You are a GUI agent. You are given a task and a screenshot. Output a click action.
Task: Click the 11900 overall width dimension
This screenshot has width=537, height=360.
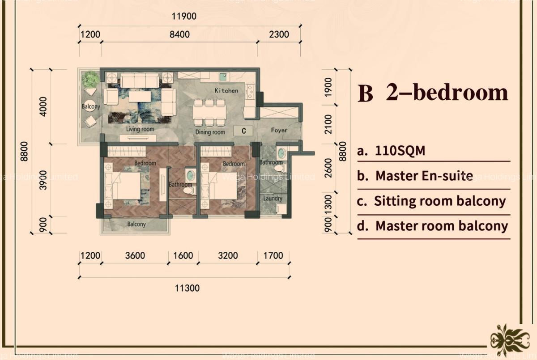pos(184,17)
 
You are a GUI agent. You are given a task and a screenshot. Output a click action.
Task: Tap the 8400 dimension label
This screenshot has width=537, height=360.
pos(179,34)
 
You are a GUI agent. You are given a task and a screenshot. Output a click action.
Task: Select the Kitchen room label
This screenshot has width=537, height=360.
pos(226,91)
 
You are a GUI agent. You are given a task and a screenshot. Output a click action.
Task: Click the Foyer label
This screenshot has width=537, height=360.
pos(279,130)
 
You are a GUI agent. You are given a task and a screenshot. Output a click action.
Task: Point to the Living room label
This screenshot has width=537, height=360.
pos(140,129)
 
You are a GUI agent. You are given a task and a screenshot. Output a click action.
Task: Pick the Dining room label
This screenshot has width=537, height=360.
pos(210,132)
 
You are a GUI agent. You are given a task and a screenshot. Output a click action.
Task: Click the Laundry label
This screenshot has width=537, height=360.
pos(273,199)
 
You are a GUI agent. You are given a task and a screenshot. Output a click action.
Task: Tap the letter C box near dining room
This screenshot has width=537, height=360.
pos(244,131)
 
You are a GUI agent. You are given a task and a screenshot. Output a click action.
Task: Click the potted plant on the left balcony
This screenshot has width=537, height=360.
pos(91,80)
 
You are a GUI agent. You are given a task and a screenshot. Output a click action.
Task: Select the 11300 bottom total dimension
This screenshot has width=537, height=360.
pos(187,288)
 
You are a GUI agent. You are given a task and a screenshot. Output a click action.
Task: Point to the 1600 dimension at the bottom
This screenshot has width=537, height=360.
pos(183,256)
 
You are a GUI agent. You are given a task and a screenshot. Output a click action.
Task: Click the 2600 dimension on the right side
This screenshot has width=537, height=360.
pos(329,168)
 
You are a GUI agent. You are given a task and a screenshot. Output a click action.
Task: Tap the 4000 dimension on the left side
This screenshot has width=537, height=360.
pos(43,107)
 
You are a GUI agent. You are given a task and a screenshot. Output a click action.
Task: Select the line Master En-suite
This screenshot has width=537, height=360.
pos(424,176)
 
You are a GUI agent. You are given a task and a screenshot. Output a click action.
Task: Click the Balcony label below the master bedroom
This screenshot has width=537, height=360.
pos(136,224)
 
